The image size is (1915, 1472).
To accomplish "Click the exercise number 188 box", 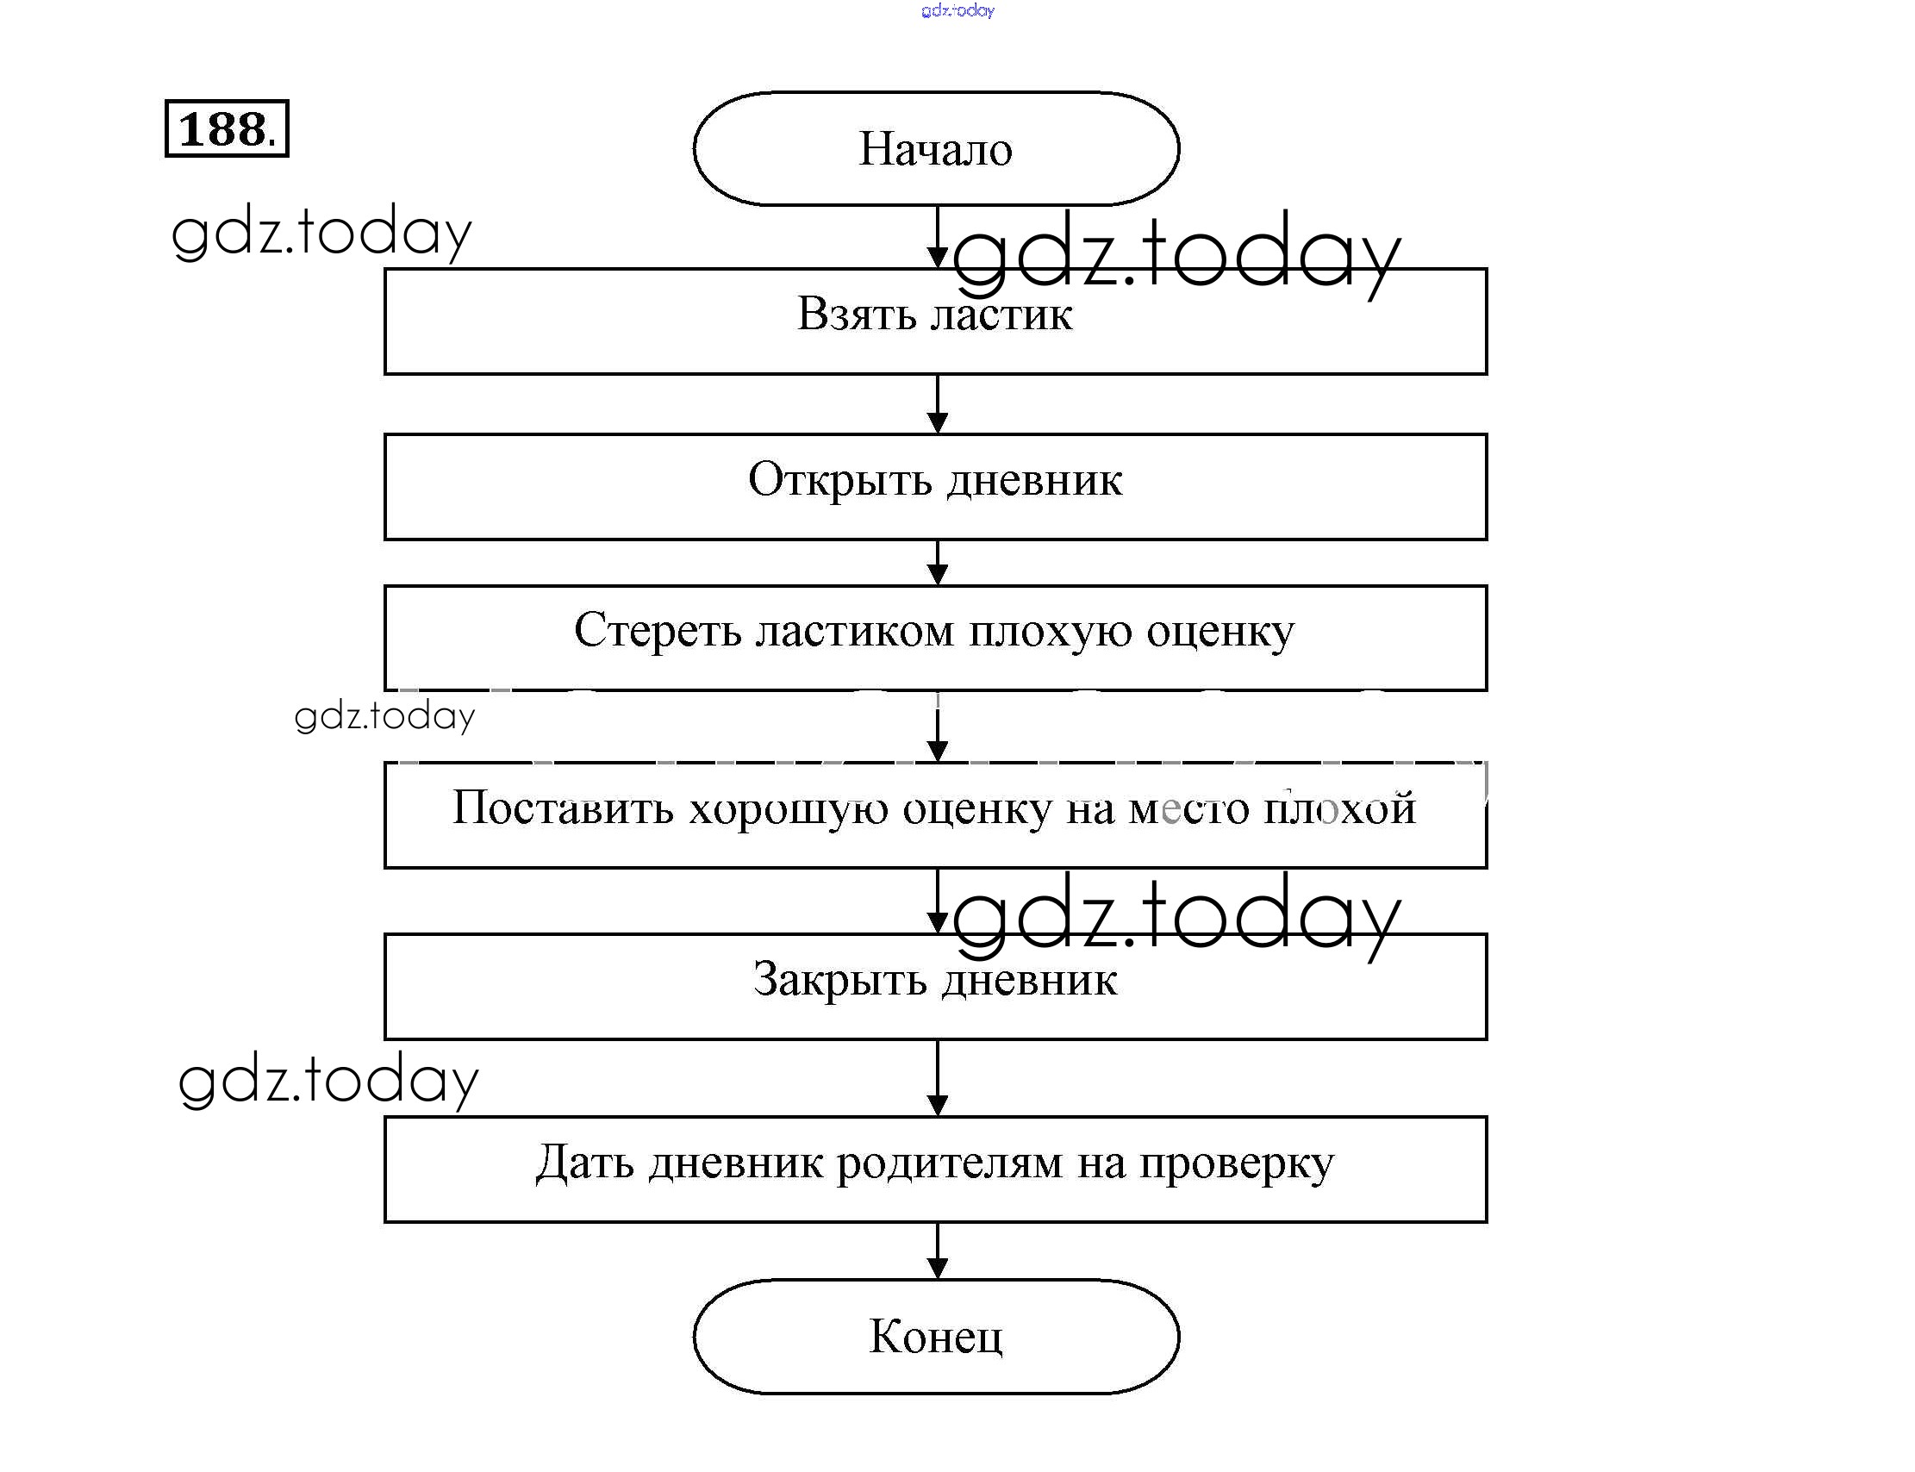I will [226, 128].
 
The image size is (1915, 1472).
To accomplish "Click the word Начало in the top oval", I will [935, 149].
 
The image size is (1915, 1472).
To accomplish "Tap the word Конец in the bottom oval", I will [935, 1336].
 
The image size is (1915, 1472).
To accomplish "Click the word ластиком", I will [854, 630].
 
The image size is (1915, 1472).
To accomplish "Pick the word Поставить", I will [563, 807].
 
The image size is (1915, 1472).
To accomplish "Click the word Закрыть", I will [839, 980].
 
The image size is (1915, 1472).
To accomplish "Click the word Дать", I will [583, 1163].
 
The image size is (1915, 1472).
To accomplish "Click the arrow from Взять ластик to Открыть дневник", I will [938, 405].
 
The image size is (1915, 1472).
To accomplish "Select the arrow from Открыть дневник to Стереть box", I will [938, 563].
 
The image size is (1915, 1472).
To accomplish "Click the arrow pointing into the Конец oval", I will [938, 1251].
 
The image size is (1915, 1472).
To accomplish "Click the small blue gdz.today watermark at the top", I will [957, 10].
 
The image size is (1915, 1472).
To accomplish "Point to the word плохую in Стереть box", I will [1050, 632].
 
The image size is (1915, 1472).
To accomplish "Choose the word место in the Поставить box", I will [1188, 808].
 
